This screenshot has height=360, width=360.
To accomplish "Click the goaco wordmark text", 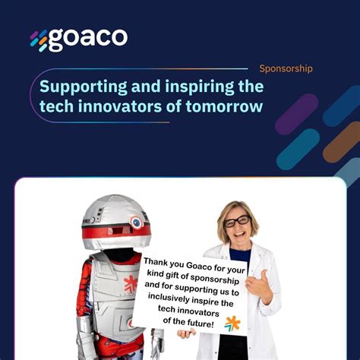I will click(x=88, y=39).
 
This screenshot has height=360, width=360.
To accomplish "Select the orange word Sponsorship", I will click(x=286, y=68).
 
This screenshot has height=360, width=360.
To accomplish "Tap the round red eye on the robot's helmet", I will click(x=136, y=223).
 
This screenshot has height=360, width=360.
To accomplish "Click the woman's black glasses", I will click(x=237, y=222).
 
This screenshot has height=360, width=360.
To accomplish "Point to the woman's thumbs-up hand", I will click(x=259, y=284).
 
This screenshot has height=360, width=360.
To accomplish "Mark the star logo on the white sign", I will click(x=232, y=323).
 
